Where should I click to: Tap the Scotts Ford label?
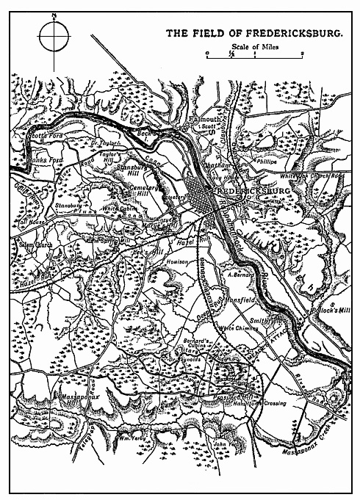pos(42,136)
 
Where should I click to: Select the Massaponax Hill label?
pos(65,396)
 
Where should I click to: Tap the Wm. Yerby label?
pos(131,438)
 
